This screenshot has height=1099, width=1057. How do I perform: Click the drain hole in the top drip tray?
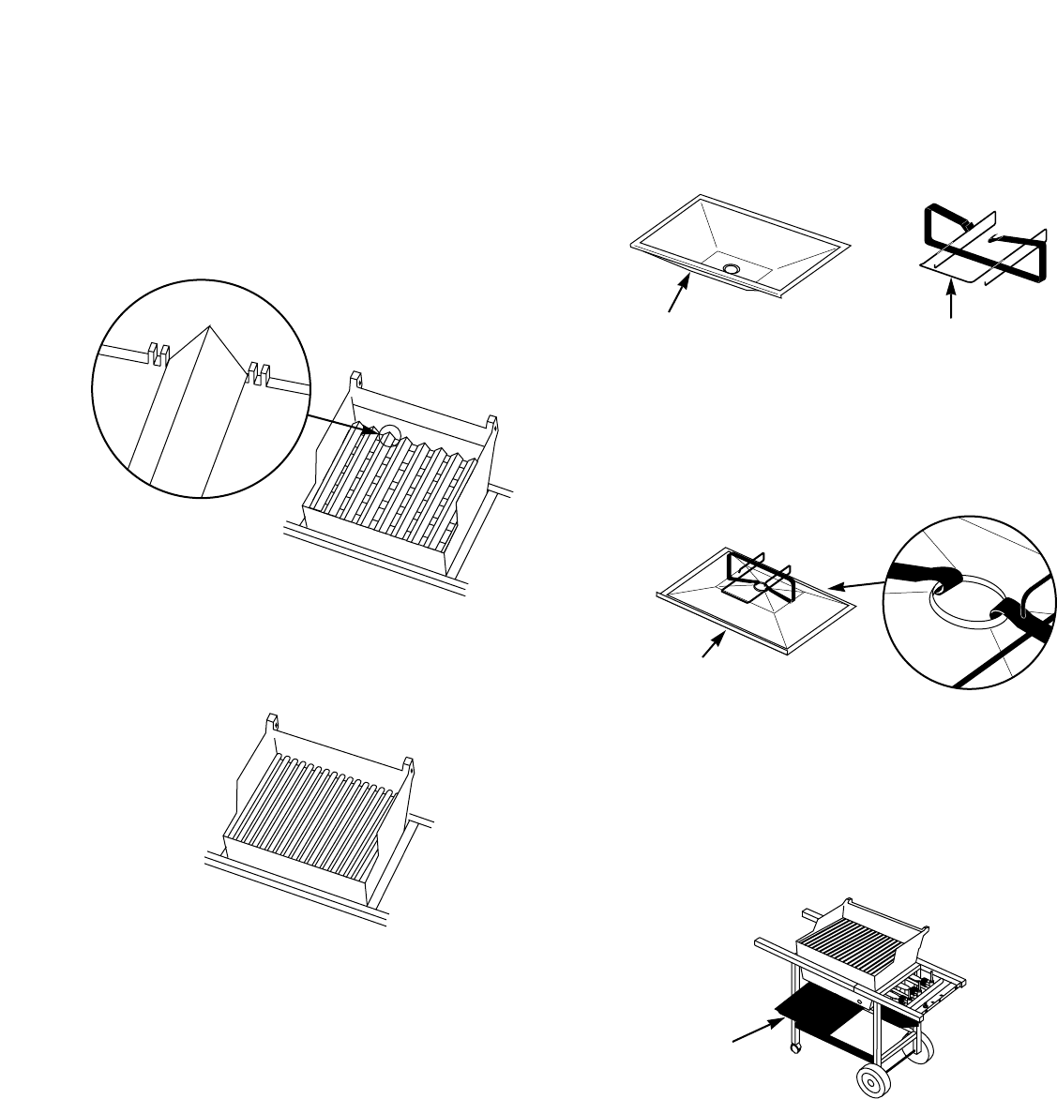[x=731, y=269]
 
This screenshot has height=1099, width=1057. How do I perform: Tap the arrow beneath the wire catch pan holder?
[x=952, y=306]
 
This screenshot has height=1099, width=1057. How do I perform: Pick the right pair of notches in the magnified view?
[x=257, y=372]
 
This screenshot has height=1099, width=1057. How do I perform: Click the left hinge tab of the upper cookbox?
[x=355, y=380]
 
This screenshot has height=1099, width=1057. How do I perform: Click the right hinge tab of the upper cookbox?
[x=491, y=421]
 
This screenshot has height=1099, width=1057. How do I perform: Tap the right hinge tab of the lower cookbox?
[x=408, y=763]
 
